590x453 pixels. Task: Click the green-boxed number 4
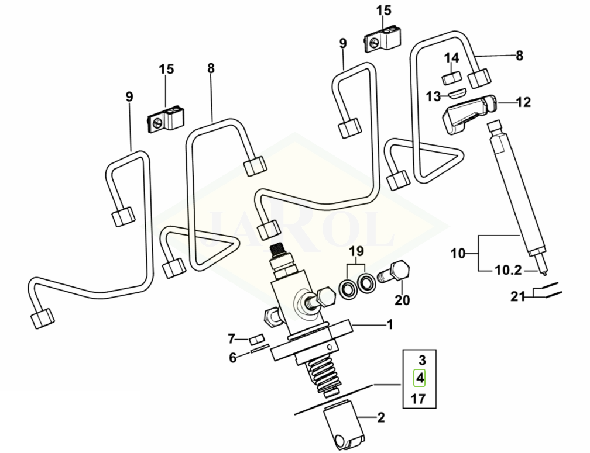pyautogui.click(x=420, y=378)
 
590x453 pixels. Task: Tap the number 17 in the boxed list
pyautogui.click(x=419, y=399)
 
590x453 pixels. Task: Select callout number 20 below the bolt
pyautogui.click(x=402, y=300)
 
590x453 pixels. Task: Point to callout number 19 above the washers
pyautogui.click(x=356, y=251)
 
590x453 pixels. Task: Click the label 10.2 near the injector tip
pyautogui.click(x=508, y=270)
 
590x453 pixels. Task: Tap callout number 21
pyautogui.click(x=517, y=296)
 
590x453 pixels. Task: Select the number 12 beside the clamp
pyautogui.click(x=523, y=102)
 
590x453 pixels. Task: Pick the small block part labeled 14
pyautogui.click(x=451, y=78)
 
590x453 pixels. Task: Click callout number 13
pyautogui.click(x=433, y=96)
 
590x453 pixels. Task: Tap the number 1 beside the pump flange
pyautogui.click(x=390, y=324)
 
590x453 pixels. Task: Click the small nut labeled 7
pyautogui.click(x=255, y=341)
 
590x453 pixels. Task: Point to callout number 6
pyautogui.click(x=233, y=358)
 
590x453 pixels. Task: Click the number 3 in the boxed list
pyautogui.click(x=422, y=360)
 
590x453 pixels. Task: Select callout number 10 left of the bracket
pyautogui.click(x=458, y=254)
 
